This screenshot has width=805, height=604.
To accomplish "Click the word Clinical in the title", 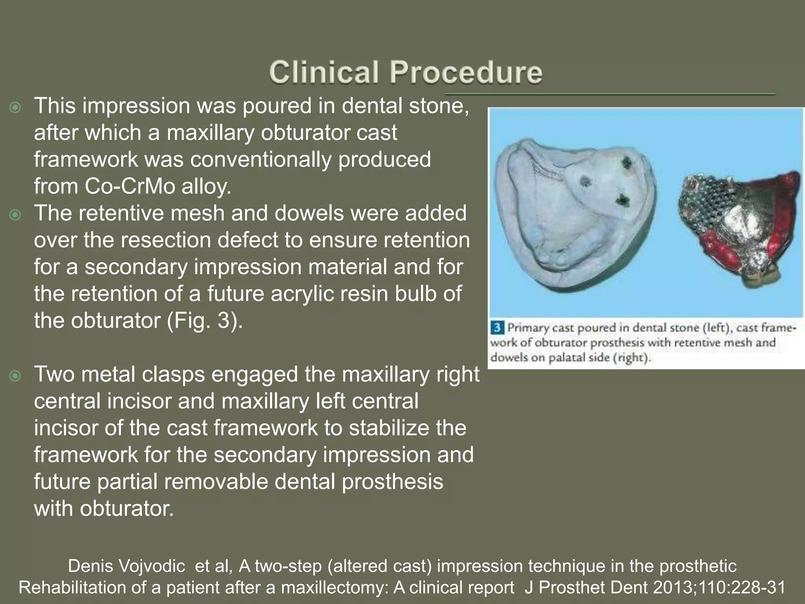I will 323,72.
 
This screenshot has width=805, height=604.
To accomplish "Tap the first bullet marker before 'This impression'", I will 15,107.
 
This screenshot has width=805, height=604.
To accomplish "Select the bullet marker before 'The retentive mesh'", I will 15,215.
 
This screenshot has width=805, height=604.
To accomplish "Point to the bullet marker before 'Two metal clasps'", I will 15,376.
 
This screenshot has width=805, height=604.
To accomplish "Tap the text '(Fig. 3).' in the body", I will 205,320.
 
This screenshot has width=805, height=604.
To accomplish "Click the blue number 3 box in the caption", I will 498,327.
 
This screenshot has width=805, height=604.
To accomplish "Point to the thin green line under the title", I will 609,94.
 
